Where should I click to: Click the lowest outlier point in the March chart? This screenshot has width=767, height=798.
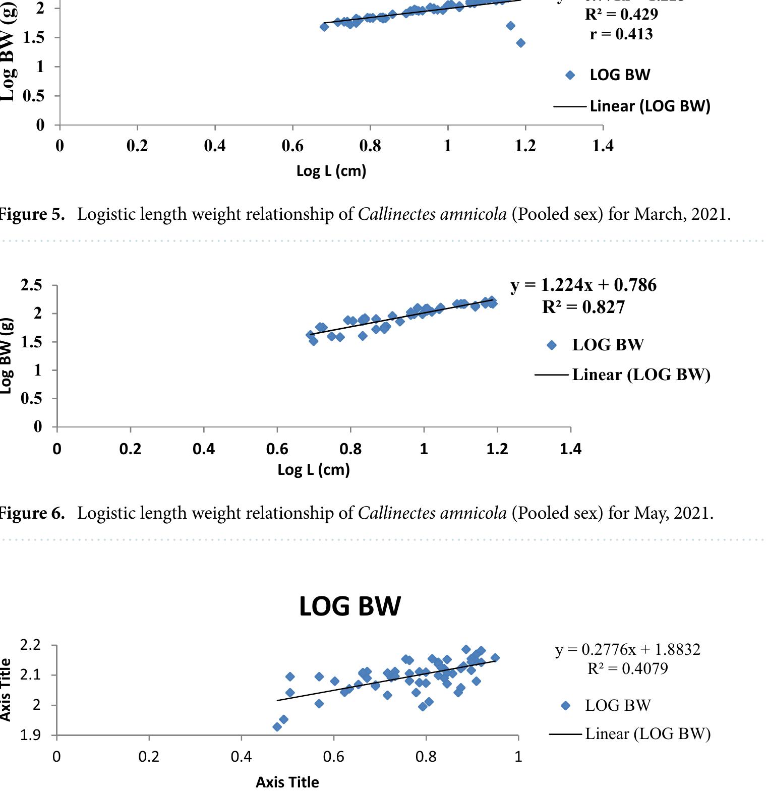pos(520,43)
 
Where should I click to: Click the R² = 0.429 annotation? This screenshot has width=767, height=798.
pos(621,14)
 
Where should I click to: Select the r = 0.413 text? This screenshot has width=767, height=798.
pos(621,34)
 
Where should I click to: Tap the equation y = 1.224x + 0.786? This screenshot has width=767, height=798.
pos(583,285)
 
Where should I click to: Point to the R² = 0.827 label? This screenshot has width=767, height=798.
pos(583,307)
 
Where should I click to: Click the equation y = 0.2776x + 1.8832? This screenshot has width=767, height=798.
pos(628,649)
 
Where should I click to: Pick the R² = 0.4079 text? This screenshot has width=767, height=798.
pos(628,669)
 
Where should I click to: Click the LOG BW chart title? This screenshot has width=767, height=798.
pos(349,606)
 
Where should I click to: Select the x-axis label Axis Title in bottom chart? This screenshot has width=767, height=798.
pos(287,782)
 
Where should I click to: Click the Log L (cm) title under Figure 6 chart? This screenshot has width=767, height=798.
pos(313,470)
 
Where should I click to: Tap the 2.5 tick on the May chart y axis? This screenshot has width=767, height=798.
pos(31,285)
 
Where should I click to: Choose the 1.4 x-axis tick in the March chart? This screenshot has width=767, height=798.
pos(603,146)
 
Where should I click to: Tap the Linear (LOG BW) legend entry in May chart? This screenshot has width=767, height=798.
pos(640,375)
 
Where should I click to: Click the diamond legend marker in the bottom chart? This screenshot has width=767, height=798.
pos(565,706)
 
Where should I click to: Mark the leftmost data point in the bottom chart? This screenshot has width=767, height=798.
pos(277,727)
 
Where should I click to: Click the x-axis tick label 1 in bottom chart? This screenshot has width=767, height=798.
pos(518,757)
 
